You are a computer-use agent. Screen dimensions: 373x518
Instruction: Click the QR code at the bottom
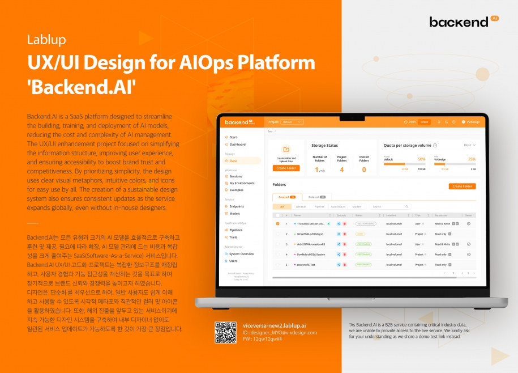225,332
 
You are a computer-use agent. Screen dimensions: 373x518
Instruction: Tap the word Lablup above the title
46,40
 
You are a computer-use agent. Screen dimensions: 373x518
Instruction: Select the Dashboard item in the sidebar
237,145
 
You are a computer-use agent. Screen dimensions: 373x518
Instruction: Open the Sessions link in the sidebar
236,176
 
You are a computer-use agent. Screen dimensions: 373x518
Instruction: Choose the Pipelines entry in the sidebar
236,230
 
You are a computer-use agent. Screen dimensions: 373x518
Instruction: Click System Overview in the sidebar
241,254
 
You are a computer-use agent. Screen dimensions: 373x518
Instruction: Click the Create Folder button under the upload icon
286,168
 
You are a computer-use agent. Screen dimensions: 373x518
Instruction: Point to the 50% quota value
421,159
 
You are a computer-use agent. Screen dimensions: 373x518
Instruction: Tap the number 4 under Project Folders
341,169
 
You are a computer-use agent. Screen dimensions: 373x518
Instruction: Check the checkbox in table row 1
277,224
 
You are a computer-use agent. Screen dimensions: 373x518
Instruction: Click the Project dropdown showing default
292,122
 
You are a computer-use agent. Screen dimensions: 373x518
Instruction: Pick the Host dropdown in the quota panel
469,145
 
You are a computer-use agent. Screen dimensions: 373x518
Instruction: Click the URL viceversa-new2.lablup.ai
274,326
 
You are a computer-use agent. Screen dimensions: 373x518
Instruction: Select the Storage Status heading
324,146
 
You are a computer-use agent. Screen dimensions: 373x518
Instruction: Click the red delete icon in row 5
344,265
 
